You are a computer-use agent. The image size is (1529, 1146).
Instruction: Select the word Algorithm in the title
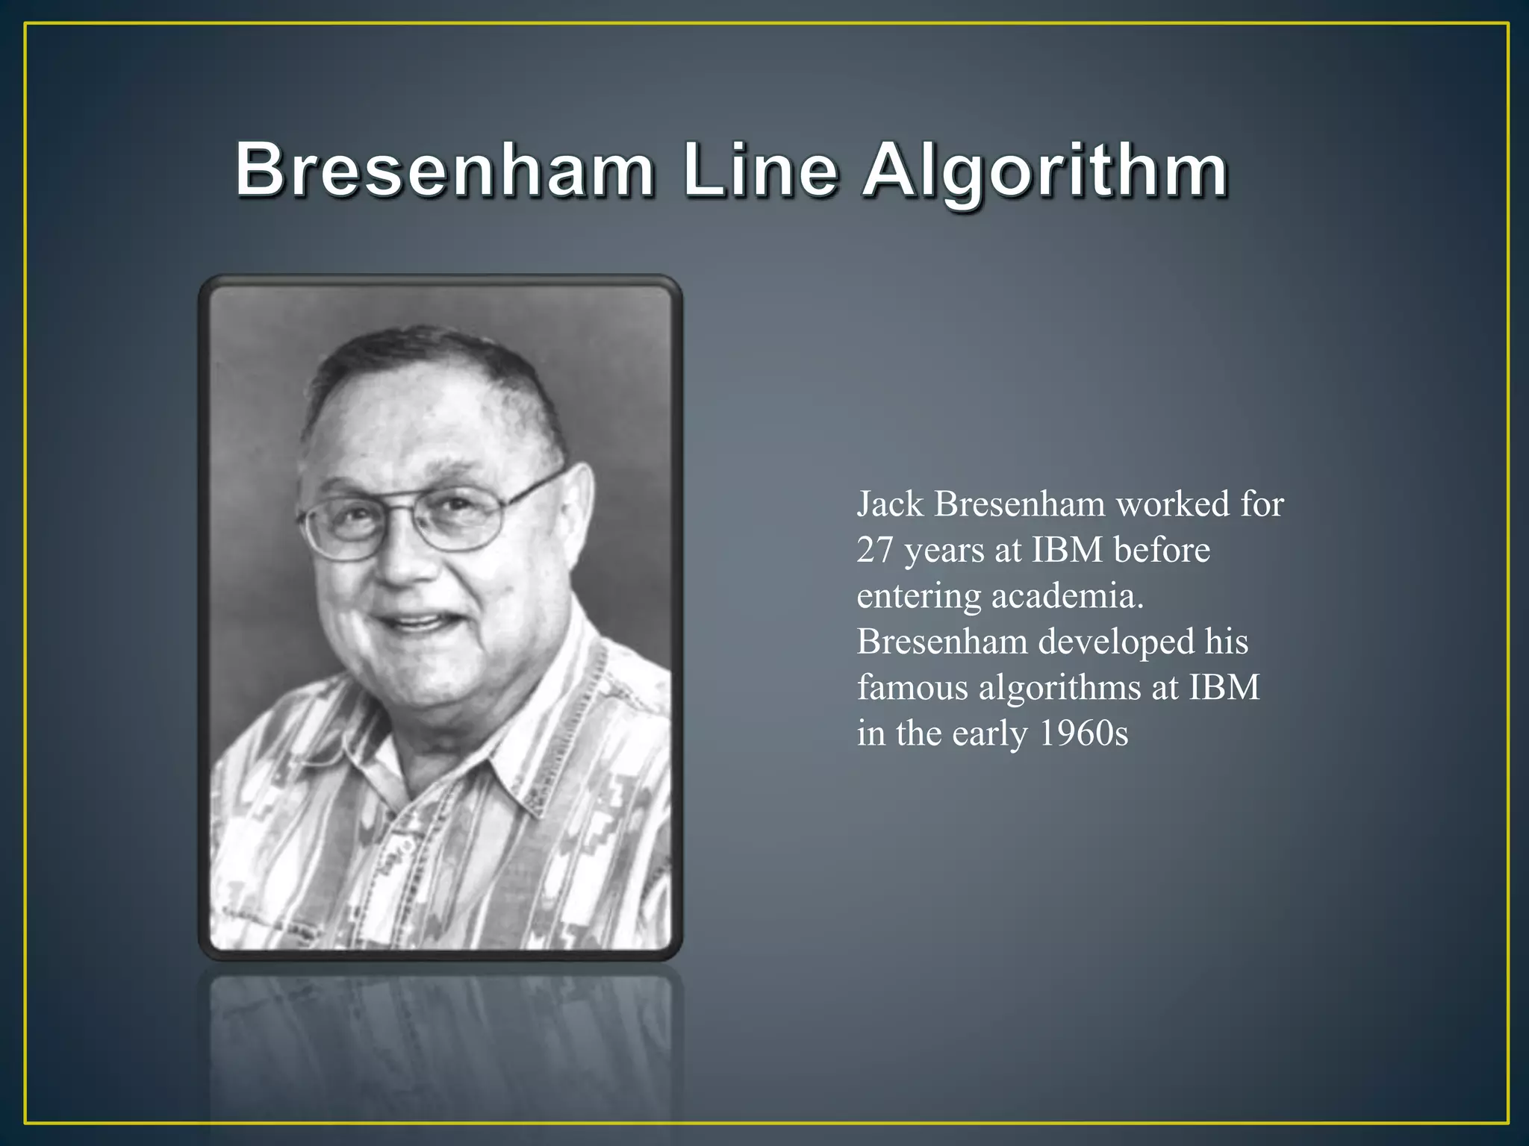click(x=1045, y=172)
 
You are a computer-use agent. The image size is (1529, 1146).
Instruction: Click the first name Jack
click(x=889, y=504)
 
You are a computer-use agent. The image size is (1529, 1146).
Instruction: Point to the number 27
click(x=875, y=551)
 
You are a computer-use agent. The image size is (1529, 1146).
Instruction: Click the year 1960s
click(x=1083, y=733)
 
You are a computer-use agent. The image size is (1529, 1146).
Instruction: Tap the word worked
click(x=1173, y=504)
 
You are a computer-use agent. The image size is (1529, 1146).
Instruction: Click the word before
click(x=1162, y=551)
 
